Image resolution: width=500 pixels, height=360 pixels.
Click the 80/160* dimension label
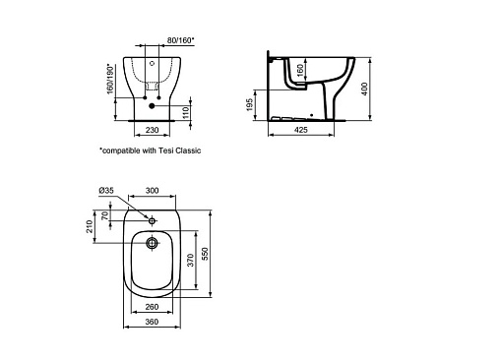click(x=180, y=40)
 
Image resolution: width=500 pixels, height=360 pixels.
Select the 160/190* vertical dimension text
click(x=111, y=79)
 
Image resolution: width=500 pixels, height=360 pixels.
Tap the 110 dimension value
click(x=186, y=113)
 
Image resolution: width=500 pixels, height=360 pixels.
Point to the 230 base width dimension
click(x=152, y=130)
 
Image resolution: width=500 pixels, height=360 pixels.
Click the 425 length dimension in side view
click(x=301, y=130)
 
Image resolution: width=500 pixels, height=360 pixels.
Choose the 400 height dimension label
click(x=364, y=89)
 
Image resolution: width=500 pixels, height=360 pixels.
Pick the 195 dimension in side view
click(x=250, y=105)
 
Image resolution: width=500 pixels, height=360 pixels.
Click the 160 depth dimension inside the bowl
click(x=300, y=70)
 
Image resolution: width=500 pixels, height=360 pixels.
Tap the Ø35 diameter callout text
click(x=106, y=190)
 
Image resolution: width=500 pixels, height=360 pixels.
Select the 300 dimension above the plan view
click(x=152, y=190)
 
